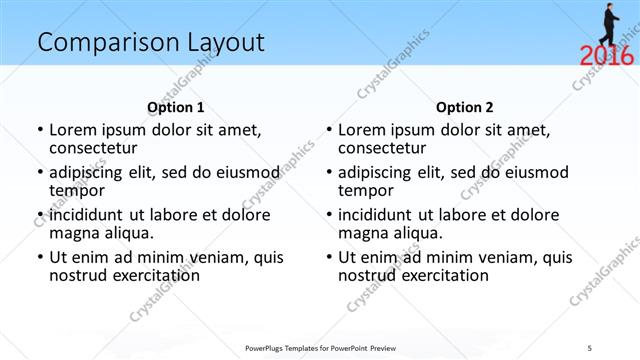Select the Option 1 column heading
point(176,107)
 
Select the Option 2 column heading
point(465,107)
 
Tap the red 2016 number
point(606,55)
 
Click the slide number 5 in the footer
point(618,348)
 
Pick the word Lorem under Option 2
point(363,130)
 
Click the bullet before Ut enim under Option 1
point(40,257)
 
